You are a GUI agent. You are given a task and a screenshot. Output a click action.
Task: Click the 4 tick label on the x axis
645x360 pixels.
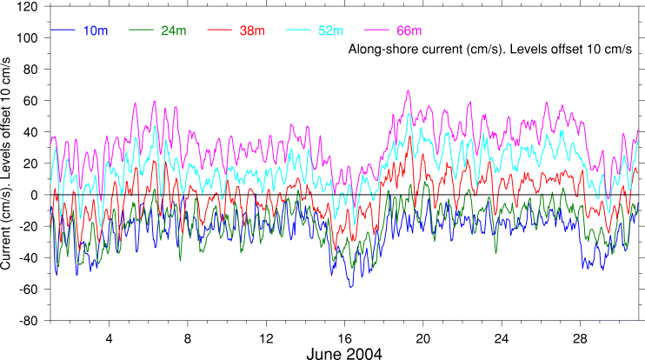[110, 337]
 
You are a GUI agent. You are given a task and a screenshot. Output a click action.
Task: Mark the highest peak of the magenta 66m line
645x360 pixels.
[408, 90]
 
